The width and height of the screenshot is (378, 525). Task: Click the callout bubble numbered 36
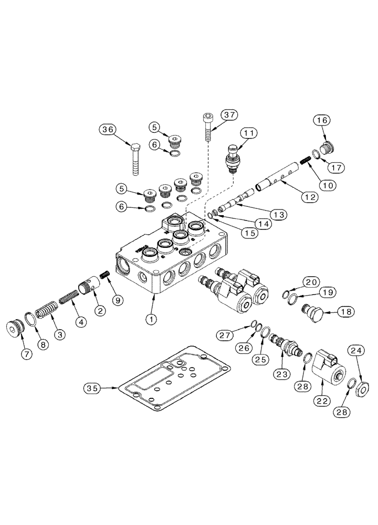click(108, 129)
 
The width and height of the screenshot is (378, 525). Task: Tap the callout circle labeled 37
click(228, 115)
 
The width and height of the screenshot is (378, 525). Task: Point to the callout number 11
click(249, 134)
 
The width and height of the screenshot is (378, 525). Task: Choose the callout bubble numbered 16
click(323, 121)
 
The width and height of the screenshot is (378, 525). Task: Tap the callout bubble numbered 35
click(92, 388)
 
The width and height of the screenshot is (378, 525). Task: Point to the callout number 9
click(117, 300)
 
